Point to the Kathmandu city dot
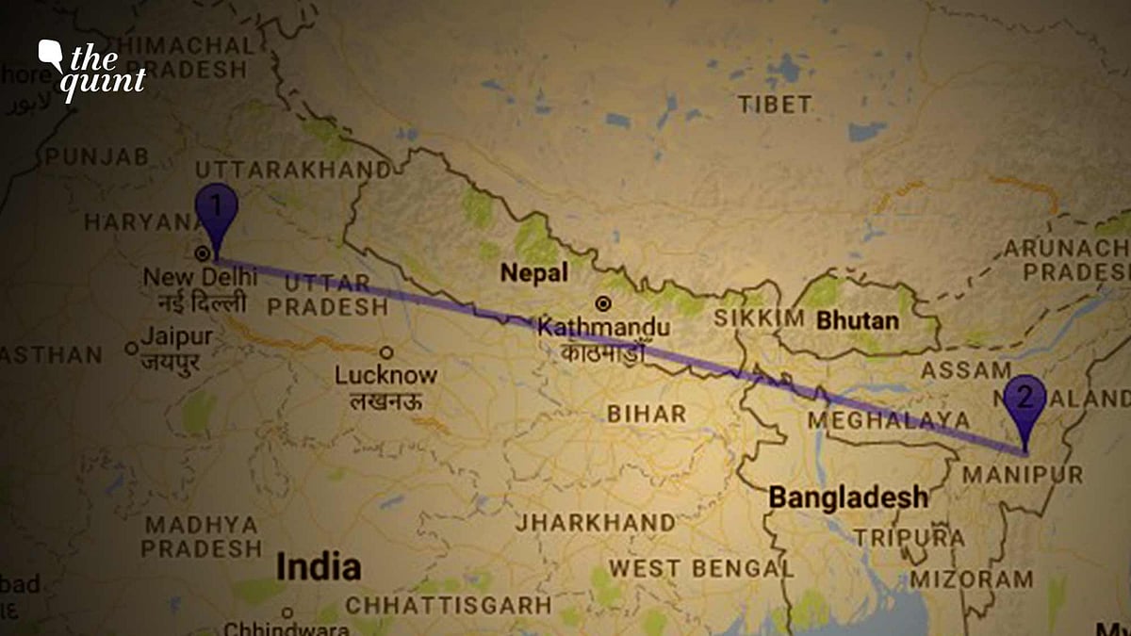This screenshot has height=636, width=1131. (x=603, y=303)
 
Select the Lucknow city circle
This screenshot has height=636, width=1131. (x=386, y=353)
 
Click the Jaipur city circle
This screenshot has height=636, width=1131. (x=132, y=349)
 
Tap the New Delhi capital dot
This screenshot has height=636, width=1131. (x=201, y=253)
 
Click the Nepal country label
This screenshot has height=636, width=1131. (x=534, y=273)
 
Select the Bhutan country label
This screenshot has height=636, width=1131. (x=858, y=320)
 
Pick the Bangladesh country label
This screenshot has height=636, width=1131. (x=848, y=497)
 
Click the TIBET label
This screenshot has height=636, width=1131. (x=774, y=104)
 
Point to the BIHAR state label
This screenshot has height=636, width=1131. (x=647, y=414)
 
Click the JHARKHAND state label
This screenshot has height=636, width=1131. (x=595, y=522)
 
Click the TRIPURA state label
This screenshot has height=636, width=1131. (x=909, y=538)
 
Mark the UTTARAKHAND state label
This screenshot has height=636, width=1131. (x=291, y=171)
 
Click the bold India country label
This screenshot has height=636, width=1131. (x=318, y=567)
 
